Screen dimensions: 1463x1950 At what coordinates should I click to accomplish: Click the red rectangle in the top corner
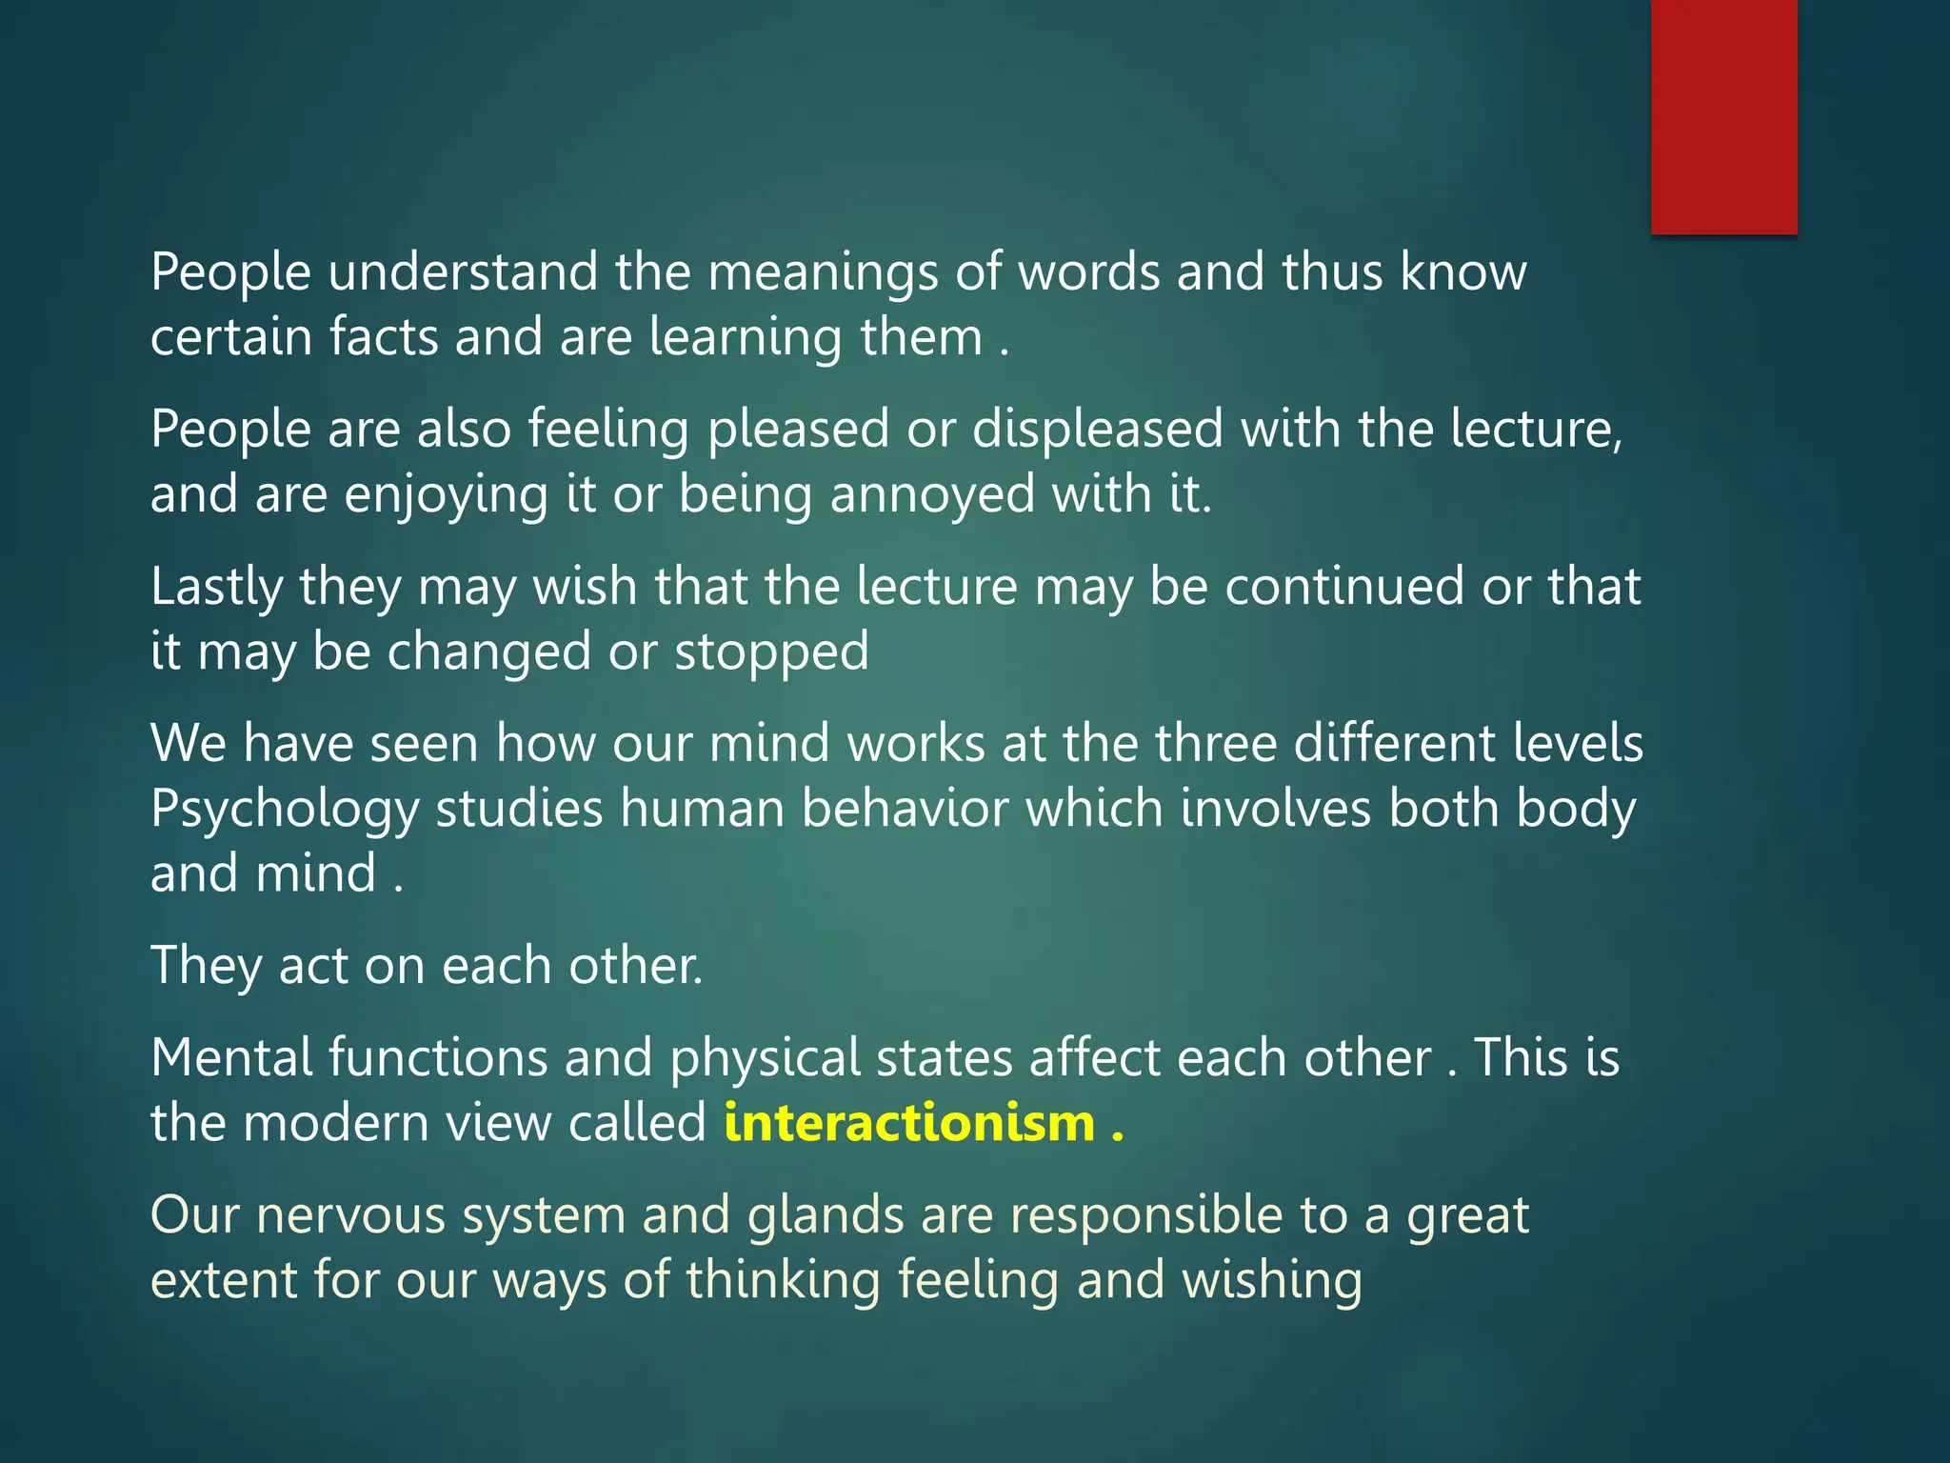tap(1723, 116)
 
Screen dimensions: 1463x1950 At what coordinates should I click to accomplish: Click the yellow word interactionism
tap(909, 1123)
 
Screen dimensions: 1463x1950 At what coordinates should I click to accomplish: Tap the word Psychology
tap(285, 810)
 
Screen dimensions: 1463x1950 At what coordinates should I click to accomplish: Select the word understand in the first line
tap(463, 272)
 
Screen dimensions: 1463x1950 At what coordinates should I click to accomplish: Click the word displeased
tap(1097, 431)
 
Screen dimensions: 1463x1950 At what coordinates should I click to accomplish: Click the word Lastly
tap(216, 588)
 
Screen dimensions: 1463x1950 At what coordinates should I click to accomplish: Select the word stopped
tap(771, 653)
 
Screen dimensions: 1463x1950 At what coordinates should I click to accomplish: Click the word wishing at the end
tap(1272, 1281)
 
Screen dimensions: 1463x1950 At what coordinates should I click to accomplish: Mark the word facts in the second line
tap(384, 337)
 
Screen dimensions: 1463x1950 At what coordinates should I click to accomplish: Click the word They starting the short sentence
tap(206, 967)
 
